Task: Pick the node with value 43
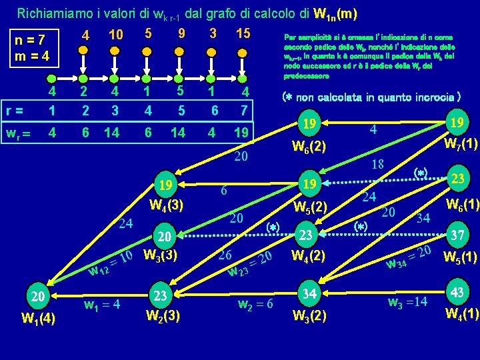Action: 459,293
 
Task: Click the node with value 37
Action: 459,237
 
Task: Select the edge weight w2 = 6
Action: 256,304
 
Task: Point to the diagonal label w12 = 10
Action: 113,263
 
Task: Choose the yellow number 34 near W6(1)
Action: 423,217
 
